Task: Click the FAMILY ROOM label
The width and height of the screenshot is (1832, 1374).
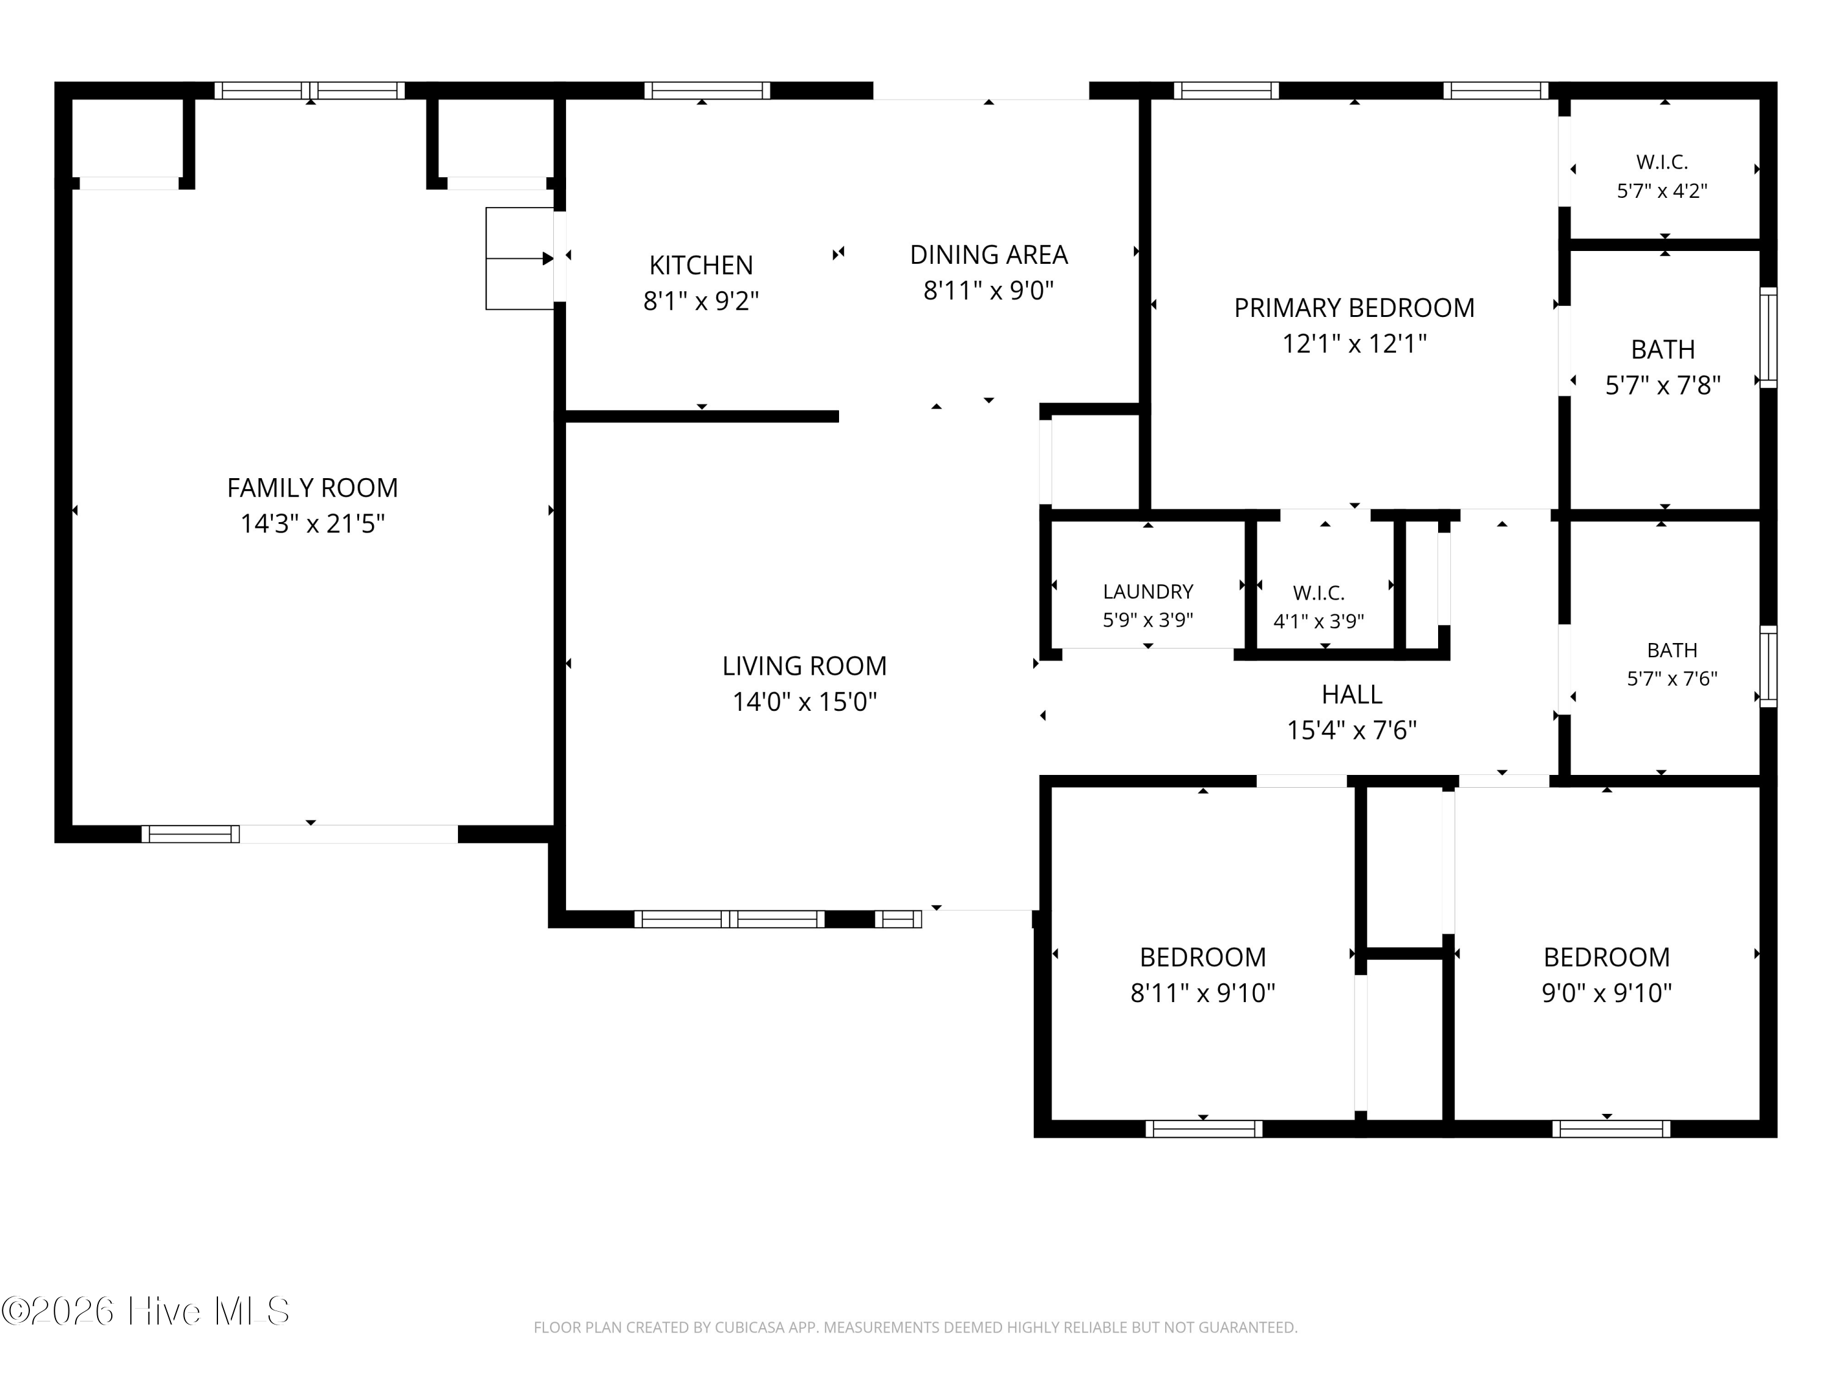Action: [312, 488]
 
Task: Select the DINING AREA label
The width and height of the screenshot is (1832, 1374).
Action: [989, 254]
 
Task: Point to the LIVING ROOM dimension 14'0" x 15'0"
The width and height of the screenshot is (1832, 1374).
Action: [804, 702]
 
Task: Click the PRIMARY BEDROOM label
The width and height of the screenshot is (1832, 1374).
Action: [1354, 308]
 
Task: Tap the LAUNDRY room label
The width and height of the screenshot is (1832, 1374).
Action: [1148, 591]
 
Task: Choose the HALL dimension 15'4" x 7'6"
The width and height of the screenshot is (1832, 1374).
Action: [1351, 730]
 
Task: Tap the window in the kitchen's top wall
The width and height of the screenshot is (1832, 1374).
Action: [707, 90]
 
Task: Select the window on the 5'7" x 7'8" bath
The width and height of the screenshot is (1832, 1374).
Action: [1768, 337]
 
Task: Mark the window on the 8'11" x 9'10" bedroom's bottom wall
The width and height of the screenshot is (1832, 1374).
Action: [1204, 1128]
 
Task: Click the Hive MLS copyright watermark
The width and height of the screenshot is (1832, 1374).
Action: [146, 1311]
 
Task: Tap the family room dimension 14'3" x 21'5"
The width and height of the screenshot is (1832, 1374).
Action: [312, 523]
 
